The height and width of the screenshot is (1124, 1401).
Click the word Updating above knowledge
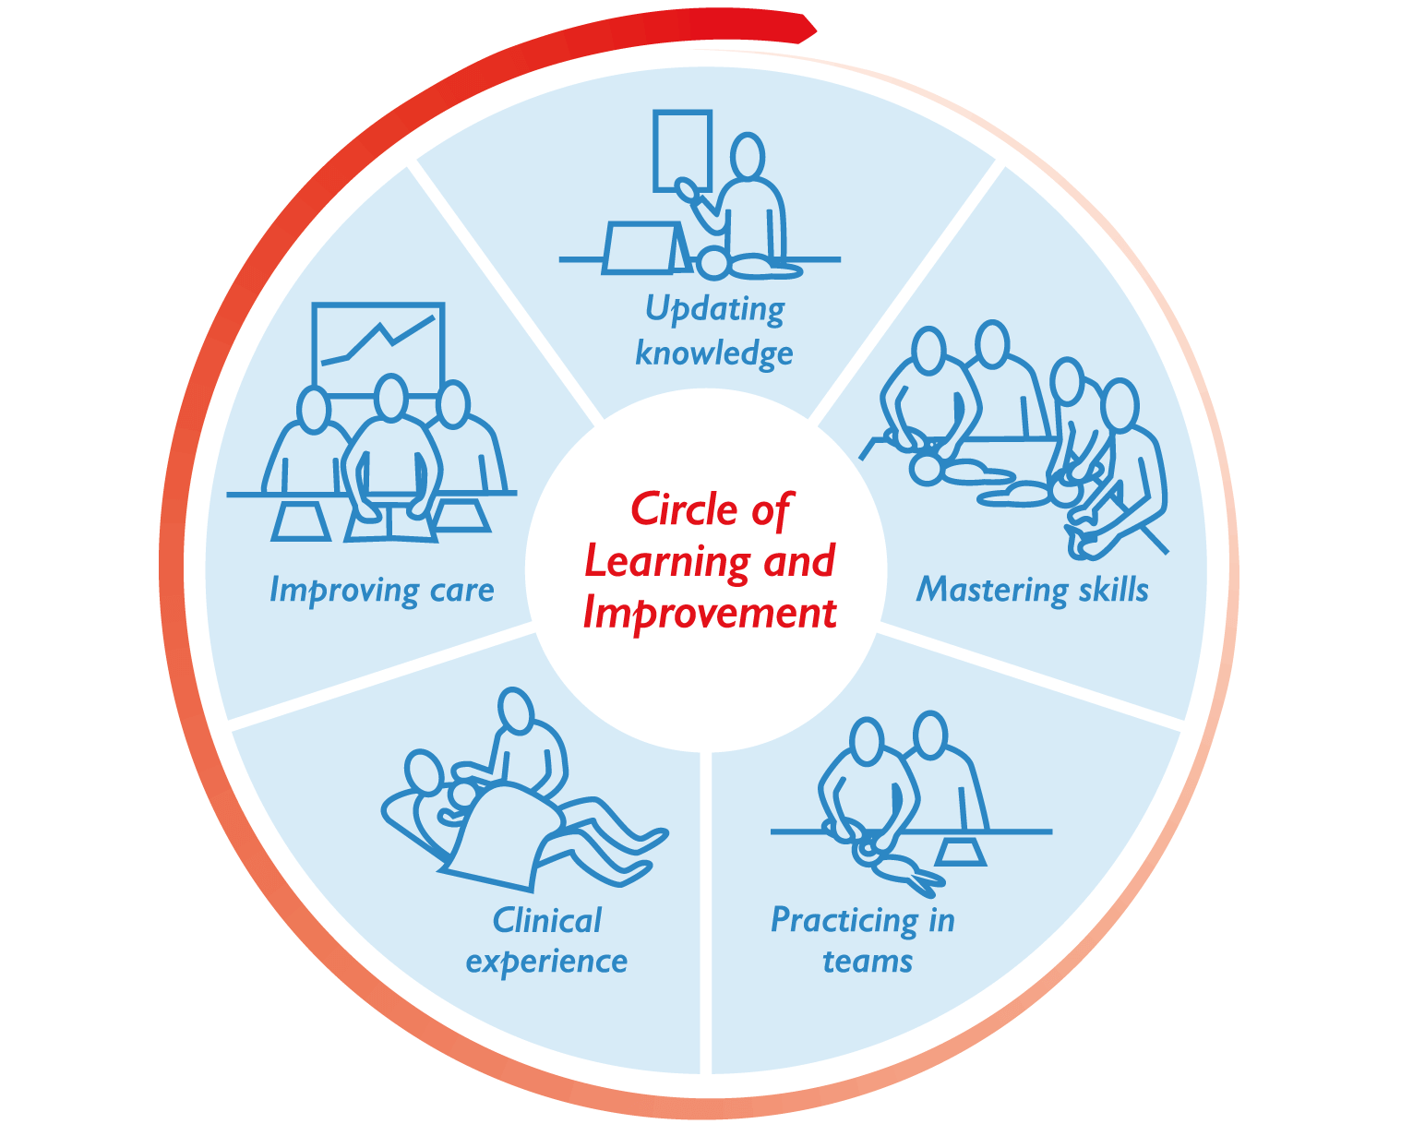[714, 309]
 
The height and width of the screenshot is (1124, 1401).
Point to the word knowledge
[714, 353]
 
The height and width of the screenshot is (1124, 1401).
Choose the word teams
[868, 962]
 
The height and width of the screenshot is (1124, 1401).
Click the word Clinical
[546, 920]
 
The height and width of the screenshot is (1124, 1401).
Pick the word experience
[546, 962]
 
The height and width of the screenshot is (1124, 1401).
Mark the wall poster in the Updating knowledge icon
[682, 149]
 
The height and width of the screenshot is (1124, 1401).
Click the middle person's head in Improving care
[392, 397]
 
